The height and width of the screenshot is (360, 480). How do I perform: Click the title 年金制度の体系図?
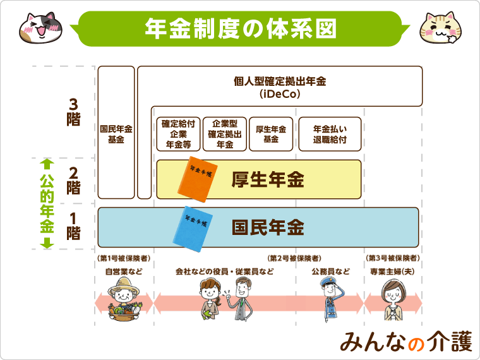[240, 28]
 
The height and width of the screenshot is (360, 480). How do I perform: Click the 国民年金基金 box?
[116, 133]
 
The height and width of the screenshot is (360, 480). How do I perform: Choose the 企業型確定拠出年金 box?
[225, 134]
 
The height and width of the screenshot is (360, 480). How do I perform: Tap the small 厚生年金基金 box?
[271, 134]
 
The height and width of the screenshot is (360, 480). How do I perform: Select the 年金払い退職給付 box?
[330, 134]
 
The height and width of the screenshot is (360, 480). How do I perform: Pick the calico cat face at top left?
[39, 27]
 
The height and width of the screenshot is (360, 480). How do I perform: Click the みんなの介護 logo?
[405, 341]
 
